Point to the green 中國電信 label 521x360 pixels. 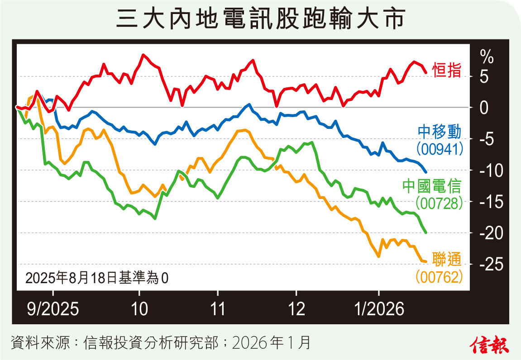click(x=432, y=186)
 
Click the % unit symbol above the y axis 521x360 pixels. click(x=487, y=57)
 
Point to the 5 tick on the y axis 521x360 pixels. click(x=484, y=77)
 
